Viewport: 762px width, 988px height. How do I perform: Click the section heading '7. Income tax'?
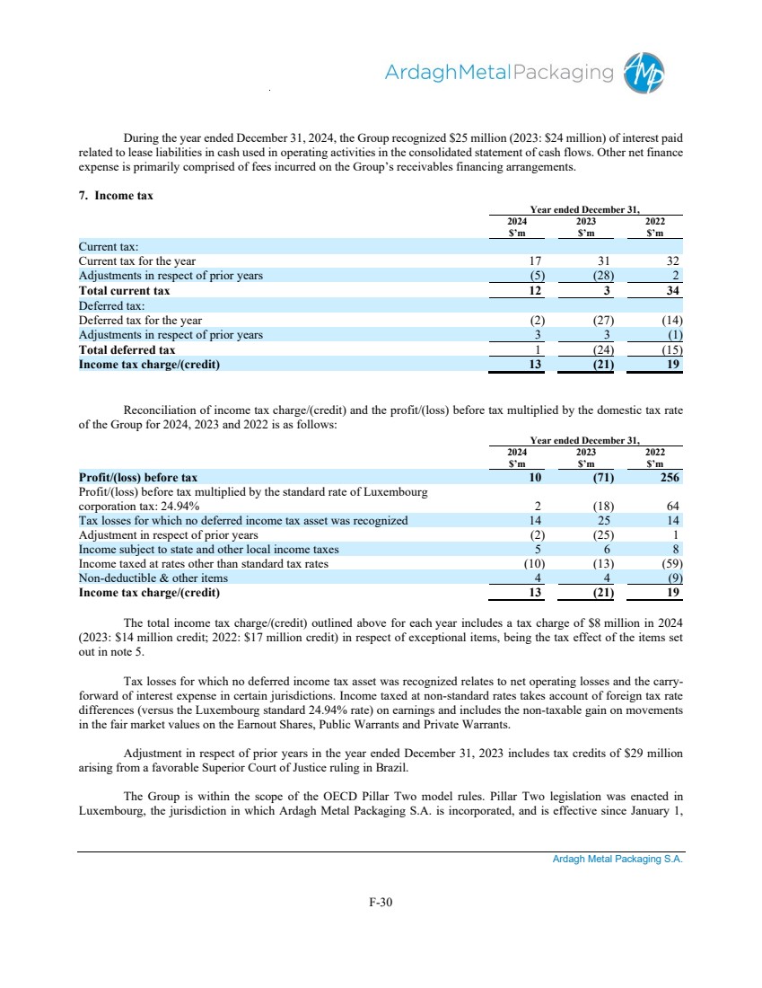pyautogui.click(x=116, y=195)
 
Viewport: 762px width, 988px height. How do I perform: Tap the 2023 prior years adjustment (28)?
pyautogui.click(x=587, y=276)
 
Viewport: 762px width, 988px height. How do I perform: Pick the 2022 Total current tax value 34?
pyautogui.click(x=673, y=291)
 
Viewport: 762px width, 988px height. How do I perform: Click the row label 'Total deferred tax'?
pyautogui.click(x=127, y=349)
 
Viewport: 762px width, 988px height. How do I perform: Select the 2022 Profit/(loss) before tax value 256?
pyautogui.click(x=669, y=477)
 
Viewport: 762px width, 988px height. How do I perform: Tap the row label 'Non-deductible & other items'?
pyautogui.click(x=153, y=578)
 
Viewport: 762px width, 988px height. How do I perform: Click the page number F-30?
pyautogui.click(x=381, y=903)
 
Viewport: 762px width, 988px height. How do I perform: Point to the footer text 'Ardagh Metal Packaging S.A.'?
pyautogui.click(x=617, y=860)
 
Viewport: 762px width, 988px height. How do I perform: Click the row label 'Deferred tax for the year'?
pyautogui.click(x=140, y=320)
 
